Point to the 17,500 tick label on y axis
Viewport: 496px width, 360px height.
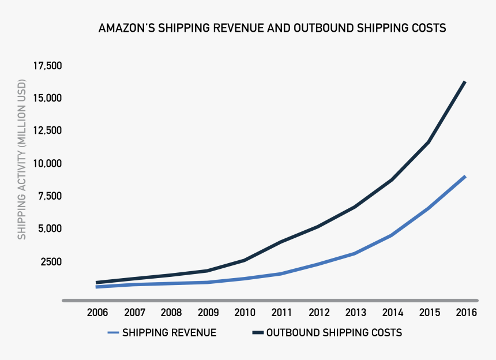coord(47,66)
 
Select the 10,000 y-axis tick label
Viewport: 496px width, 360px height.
coord(47,164)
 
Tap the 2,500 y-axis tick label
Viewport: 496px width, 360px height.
coord(50,262)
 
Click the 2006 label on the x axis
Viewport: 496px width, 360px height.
coord(97,313)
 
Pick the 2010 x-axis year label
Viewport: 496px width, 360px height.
coord(245,313)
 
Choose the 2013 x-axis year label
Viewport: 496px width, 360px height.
coord(355,313)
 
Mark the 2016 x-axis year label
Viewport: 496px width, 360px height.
coord(465,313)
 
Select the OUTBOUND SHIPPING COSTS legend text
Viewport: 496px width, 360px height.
coord(334,333)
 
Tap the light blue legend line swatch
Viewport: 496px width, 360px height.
coord(113,333)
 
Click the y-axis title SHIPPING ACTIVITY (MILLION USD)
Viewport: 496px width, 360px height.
coord(22,167)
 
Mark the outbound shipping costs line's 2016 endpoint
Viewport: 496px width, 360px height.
coord(465,82)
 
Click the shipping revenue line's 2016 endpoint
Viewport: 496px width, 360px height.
coord(465,177)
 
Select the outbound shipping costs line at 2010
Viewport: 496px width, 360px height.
coord(245,260)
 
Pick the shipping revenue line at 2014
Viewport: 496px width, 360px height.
coord(392,235)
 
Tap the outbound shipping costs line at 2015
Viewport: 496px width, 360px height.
coord(429,142)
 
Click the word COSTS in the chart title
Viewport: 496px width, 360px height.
coord(429,28)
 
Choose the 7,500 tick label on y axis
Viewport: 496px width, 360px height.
coord(50,196)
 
